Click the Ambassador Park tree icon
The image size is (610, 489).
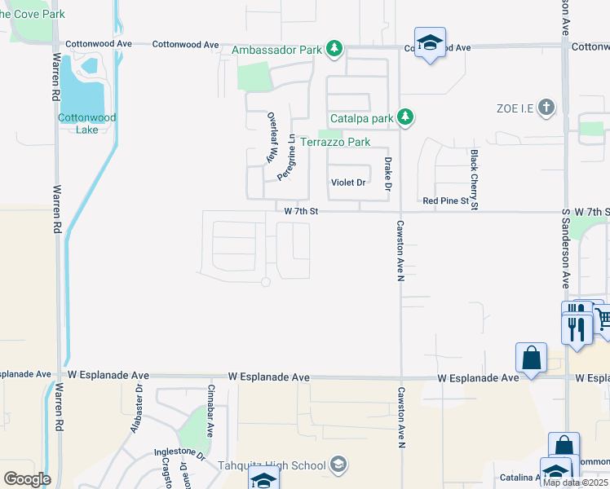click(x=334, y=50)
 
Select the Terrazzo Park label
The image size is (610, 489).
click(x=336, y=142)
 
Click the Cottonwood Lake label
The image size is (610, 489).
click(x=86, y=123)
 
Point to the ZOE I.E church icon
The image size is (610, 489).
click(x=546, y=108)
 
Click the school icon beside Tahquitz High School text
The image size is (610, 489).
click(x=339, y=465)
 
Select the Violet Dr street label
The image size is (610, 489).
click(x=348, y=183)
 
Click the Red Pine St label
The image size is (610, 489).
click(x=446, y=200)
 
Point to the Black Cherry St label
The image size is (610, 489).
click(x=473, y=180)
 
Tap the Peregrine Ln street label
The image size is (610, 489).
click(x=285, y=156)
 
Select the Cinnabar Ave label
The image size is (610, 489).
click(x=210, y=412)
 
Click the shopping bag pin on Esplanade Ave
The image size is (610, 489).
click(x=531, y=357)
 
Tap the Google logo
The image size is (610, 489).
click(x=26, y=479)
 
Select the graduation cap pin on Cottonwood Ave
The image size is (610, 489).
click(x=429, y=42)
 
